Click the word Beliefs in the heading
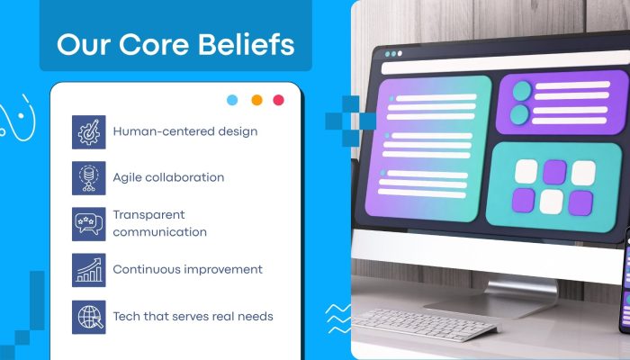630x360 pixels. pos(247,44)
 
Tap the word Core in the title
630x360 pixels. pos(154,45)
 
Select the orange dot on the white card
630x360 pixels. pos(256,100)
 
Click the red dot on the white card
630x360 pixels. pos(278,100)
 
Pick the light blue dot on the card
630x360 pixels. pos(232,100)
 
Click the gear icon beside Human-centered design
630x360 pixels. pos(89,132)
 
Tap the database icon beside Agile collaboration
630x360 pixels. pos(89,178)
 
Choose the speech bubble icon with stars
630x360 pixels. pos(89,224)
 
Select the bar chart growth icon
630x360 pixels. pos(89,270)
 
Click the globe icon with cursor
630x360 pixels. pos(89,317)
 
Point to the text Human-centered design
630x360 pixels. pos(185,131)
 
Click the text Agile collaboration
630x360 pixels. pos(168,177)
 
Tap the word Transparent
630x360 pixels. pos(148,215)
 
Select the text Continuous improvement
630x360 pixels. pos(187,269)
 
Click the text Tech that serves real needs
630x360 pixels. pos(193,316)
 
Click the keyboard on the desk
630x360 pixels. pos(425,324)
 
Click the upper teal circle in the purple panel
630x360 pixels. pos(522,91)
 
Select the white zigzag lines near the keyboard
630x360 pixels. pos(337,319)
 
